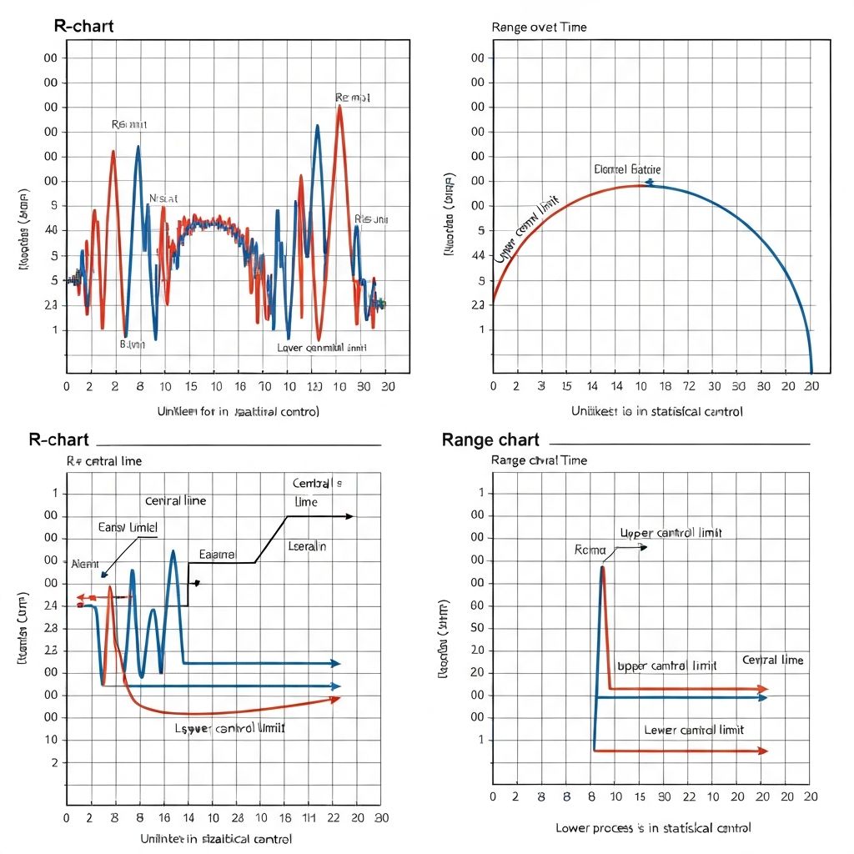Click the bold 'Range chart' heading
point(490,440)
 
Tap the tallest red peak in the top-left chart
point(339,107)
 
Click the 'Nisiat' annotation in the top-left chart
point(163,198)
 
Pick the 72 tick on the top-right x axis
point(690,387)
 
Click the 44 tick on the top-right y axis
point(478,256)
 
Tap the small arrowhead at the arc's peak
point(649,183)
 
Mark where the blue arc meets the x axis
point(811,372)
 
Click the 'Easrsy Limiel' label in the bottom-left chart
point(128,527)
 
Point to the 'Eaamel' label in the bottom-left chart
point(217,554)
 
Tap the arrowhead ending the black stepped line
point(350,516)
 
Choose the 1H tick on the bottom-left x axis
point(309,818)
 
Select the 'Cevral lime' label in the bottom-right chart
point(772,660)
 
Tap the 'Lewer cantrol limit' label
point(694,730)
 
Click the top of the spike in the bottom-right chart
point(602,567)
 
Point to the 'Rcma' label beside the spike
point(589,550)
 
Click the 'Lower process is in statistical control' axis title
point(653,828)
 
